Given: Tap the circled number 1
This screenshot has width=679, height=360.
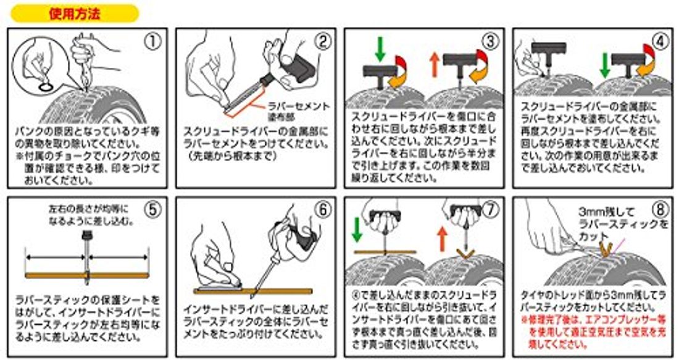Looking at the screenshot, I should [x=151, y=43].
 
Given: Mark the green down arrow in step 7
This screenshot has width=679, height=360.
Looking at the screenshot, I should [x=356, y=229].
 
